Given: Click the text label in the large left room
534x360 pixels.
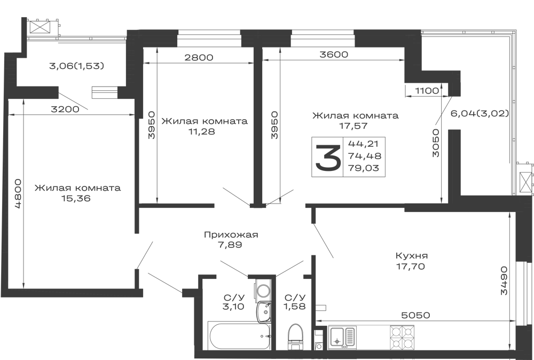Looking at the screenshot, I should click(78, 193).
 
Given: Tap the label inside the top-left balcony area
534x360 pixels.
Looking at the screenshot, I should click(77, 66).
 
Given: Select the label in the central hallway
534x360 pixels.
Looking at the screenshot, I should click(231, 239).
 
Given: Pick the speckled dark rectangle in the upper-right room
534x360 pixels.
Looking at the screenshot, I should click(348, 158).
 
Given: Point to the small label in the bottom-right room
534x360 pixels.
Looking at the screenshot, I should click(412, 262).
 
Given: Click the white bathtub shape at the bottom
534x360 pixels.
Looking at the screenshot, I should click(239, 335).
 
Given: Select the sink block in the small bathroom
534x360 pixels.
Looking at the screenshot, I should click(234, 301).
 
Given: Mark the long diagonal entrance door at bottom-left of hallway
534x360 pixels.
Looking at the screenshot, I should click(166, 281).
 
